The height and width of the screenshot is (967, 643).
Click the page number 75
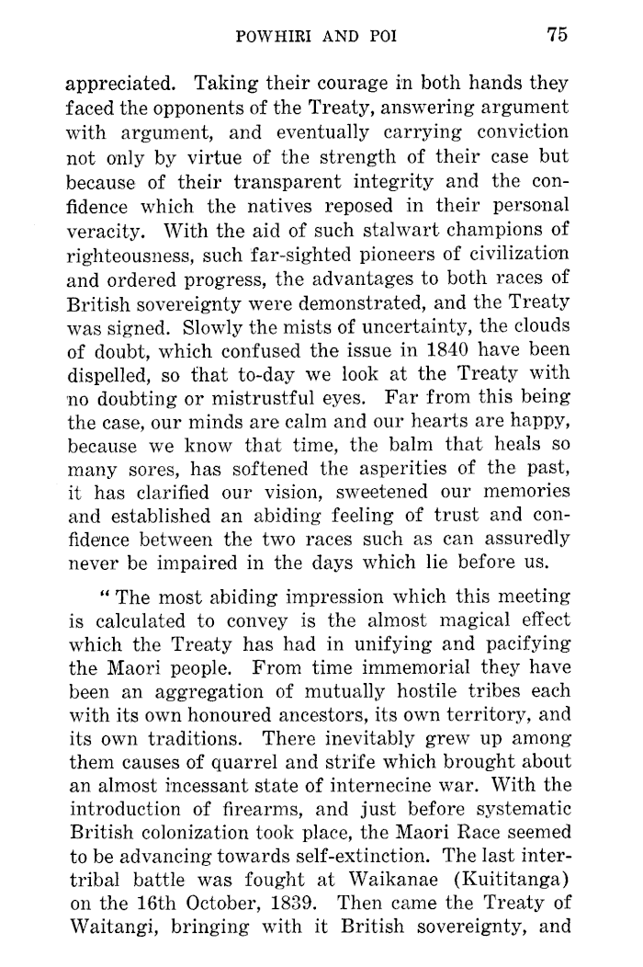tap(558, 35)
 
